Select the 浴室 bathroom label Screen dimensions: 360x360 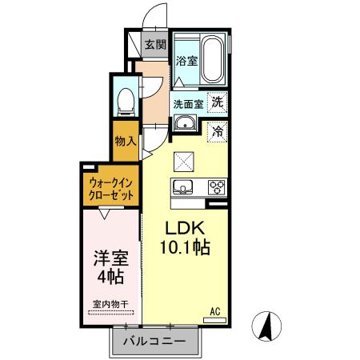coord(186,61)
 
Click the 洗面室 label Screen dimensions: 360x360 coord(189,103)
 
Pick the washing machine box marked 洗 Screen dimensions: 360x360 coord(218,102)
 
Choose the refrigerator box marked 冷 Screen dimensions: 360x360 coord(218,131)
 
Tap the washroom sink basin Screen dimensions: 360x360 coord(185,123)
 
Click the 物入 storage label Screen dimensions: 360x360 coord(126,142)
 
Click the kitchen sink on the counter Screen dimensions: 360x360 coord(182,189)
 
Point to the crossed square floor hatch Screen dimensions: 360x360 coord(185,161)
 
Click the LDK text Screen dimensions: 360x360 coord(183,226)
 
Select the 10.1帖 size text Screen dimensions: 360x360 coord(183,247)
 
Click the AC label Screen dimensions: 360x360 coord(214,310)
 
